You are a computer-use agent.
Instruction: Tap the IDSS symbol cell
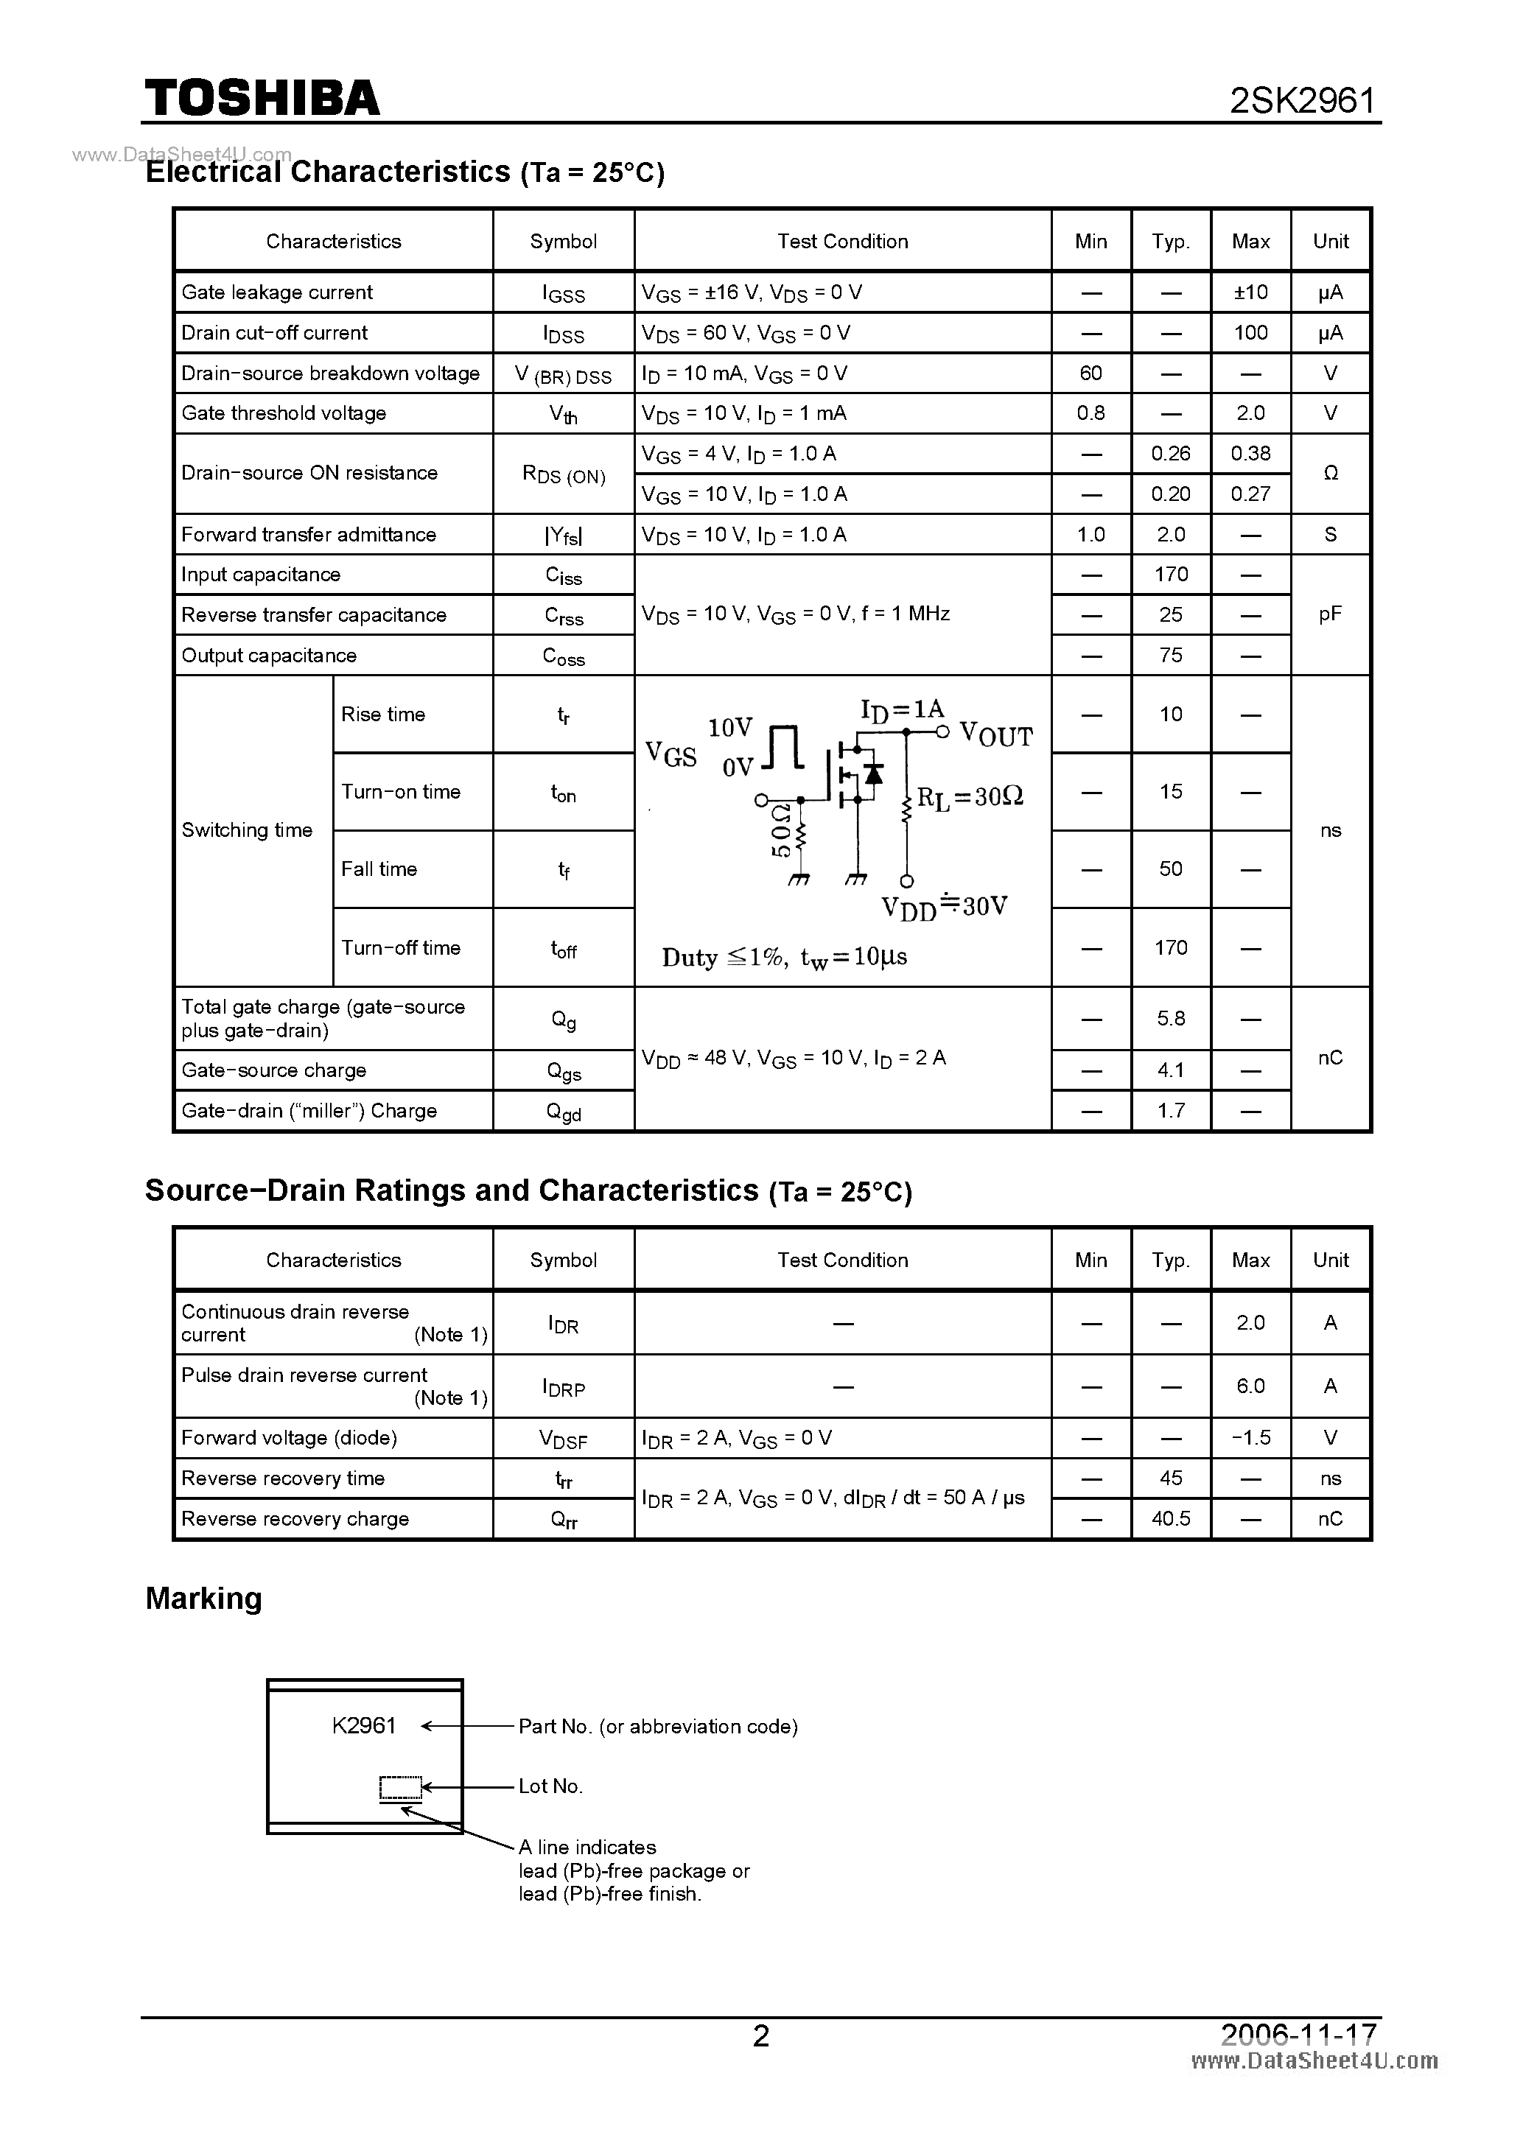click(x=563, y=334)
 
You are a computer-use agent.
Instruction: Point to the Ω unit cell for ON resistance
click(x=1330, y=474)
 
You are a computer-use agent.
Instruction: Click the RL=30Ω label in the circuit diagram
click(x=970, y=797)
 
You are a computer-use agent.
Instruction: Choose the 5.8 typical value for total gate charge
click(x=1170, y=1019)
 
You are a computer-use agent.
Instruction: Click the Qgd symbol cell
click(x=563, y=1112)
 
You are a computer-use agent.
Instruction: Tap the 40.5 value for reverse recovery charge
click(x=1170, y=1519)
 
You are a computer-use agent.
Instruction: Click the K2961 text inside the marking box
click(x=364, y=1726)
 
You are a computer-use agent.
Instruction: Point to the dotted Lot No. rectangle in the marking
click(x=400, y=1788)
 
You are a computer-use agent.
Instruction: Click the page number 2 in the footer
click(x=761, y=2037)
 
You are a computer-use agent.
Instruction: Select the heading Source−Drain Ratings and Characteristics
click(x=452, y=1190)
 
